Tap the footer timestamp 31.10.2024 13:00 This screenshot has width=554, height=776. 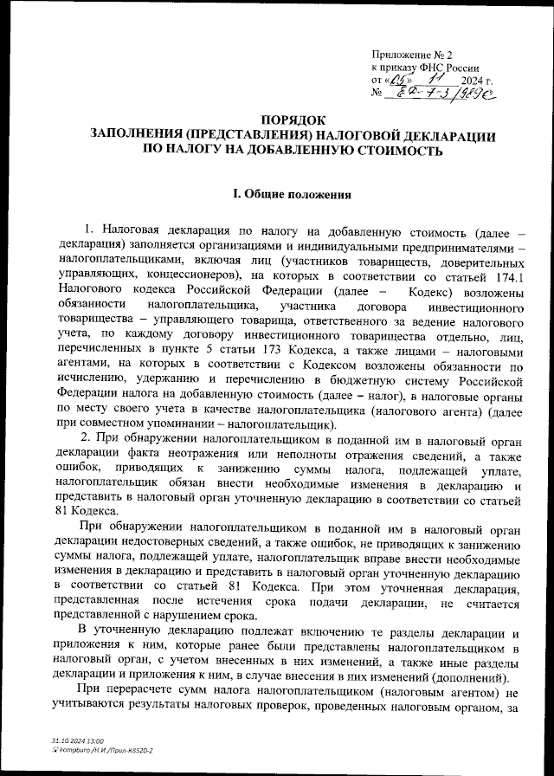(78, 741)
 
